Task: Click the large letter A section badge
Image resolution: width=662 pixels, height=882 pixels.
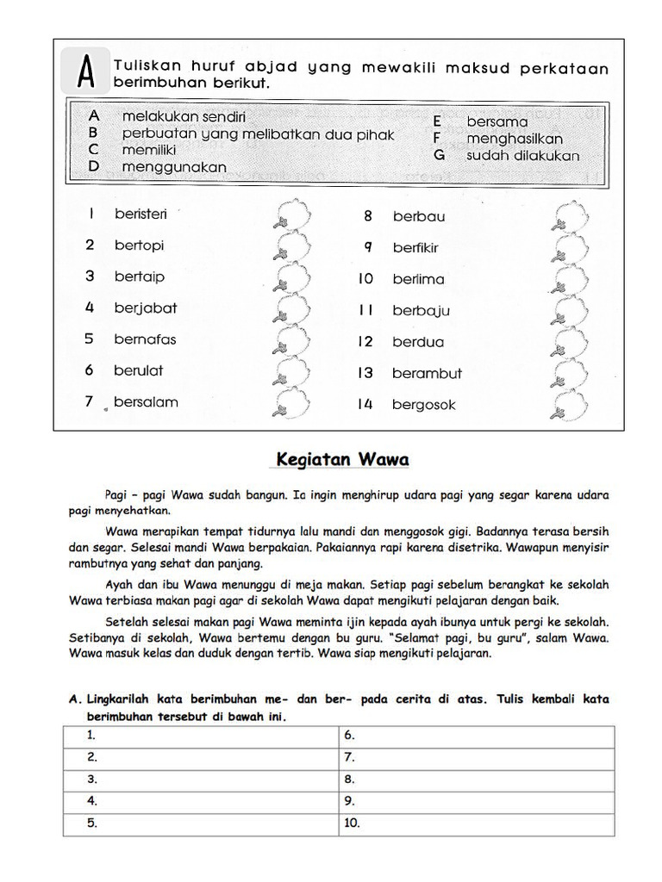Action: pos(86,71)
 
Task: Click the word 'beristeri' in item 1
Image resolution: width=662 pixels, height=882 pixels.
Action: pos(141,214)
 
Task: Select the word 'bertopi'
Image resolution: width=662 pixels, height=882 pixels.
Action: pos(139,245)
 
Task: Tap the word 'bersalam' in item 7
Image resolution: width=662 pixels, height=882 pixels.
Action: pos(146,402)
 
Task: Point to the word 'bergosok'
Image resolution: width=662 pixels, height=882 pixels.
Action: pos(423,405)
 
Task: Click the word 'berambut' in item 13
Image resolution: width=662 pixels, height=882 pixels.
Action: pos(427,374)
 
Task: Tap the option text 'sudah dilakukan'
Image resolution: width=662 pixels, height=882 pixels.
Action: pos(522,156)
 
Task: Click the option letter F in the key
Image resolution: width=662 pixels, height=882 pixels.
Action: pos(438,139)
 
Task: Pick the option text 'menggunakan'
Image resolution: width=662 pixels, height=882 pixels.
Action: pos(174,166)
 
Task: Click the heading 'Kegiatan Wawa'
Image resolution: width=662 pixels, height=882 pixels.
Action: pos(342,460)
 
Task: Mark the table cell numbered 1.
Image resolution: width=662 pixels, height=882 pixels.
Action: pos(200,736)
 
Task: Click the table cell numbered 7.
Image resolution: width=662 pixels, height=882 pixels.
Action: pos(476,758)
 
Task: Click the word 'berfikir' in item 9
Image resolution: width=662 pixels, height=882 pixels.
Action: pos(415,248)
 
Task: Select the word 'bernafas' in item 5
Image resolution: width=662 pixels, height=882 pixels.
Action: pos(145,339)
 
